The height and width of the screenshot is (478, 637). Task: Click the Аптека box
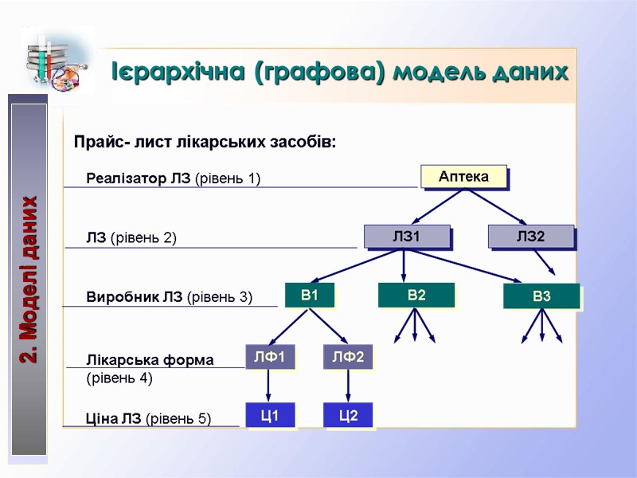pos(463,176)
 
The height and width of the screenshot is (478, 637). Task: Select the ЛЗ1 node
pos(406,236)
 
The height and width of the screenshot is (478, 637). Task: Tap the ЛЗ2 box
pos(530,236)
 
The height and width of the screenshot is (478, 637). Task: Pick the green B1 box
pos(309,296)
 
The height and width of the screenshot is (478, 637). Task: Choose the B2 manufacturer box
pos(416,296)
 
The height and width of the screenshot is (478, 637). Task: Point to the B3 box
pos(541,296)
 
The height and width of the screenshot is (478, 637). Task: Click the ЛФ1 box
pos(269,357)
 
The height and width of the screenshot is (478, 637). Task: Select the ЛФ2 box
pos(348,357)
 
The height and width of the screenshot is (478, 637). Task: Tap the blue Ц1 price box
pos(269,415)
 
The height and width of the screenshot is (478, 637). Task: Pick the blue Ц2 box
pos(348,415)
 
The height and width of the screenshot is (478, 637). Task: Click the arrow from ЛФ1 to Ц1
pos(268,386)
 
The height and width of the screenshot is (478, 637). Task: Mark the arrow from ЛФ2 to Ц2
pos(347,386)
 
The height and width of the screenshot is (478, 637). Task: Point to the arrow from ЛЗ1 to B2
pos(404,265)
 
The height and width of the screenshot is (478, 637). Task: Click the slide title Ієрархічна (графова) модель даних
pos(340,72)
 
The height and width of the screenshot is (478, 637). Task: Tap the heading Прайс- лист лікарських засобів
pos(205,143)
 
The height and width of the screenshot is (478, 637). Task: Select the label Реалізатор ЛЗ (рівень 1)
pos(173,178)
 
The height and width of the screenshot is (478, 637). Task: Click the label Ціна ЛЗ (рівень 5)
pos(148,417)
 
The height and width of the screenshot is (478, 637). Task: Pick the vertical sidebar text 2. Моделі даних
pos(29,280)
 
